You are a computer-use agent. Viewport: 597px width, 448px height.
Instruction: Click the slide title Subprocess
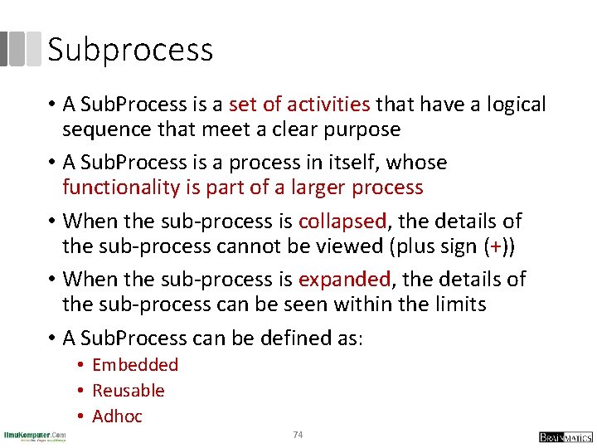130,50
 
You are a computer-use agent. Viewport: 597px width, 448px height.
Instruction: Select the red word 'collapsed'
342,221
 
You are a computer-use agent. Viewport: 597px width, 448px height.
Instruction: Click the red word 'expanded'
346,279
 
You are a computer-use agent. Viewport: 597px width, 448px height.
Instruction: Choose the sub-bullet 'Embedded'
135,365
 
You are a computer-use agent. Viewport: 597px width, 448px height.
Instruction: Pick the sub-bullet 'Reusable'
129,391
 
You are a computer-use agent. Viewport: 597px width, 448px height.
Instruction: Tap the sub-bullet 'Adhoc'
117,416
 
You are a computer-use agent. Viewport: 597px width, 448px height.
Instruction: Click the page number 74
298,435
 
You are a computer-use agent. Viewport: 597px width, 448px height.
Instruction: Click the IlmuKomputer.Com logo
35,436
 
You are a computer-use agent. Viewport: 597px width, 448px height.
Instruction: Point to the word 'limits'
459,304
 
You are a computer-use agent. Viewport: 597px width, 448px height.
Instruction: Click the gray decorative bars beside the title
20,49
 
